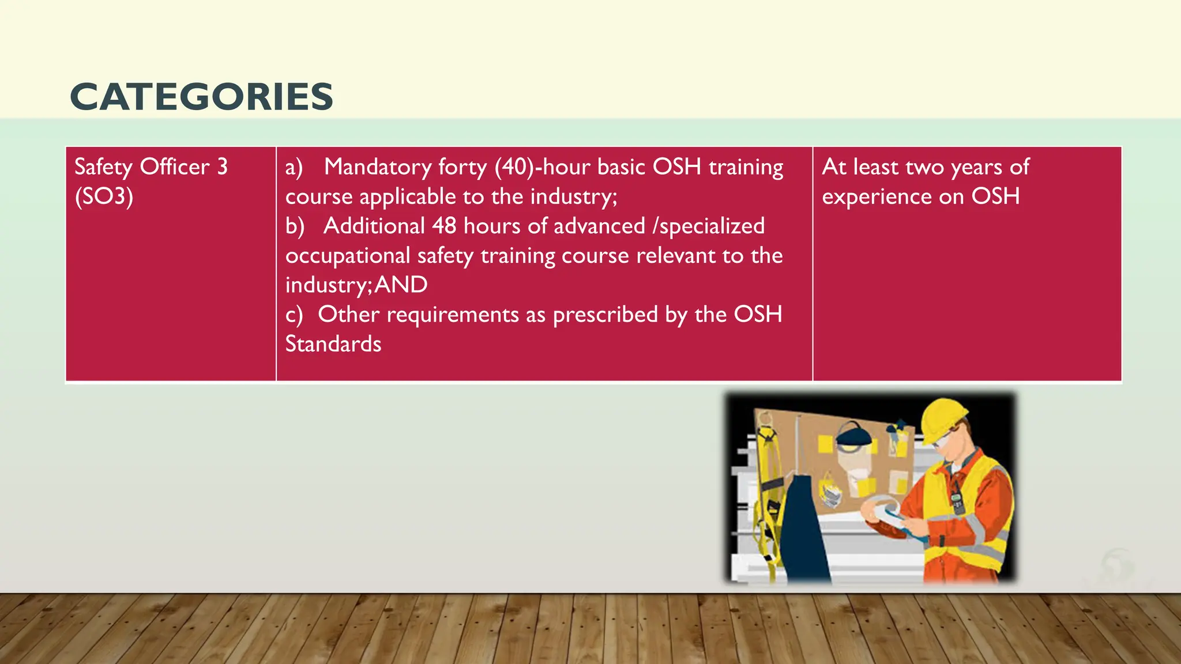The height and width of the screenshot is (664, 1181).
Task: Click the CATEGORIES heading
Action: click(201, 96)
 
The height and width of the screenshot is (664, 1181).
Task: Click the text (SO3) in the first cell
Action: click(104, 197)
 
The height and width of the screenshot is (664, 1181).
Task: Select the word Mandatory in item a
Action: click(377, 167)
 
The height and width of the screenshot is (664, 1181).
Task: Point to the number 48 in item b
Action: click(444, 226)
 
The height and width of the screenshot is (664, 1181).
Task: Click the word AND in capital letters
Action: click(401, 285)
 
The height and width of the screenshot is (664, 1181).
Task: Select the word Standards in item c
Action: click(333, 344)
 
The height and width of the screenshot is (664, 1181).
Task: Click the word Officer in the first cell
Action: click(175, 167)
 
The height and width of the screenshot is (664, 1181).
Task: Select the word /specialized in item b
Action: click(709, 226)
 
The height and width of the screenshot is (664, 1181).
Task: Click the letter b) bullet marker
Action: click(295, 226)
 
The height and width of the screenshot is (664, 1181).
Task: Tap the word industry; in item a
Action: click(574, 197)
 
